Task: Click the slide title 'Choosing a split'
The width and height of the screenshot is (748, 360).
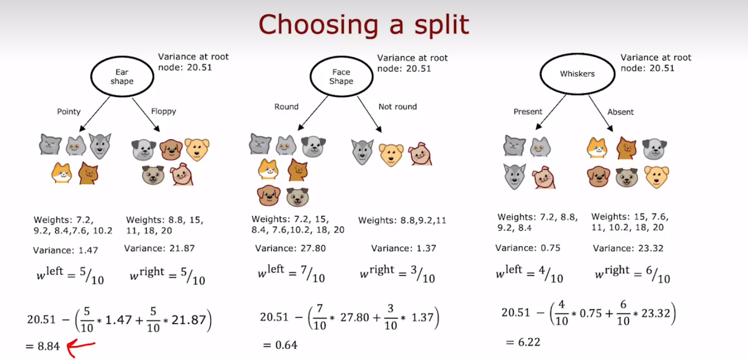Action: coord(364,25)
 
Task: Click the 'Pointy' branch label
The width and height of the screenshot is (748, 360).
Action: coord(69,112)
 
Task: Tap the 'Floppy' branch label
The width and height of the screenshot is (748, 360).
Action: coord(164,111)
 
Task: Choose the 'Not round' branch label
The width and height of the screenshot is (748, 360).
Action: coord(397,107)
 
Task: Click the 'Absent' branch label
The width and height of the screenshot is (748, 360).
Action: coord(621,112)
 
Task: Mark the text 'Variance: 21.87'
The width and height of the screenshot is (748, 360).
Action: coord(159,248)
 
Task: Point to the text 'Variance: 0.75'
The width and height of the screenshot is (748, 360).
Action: coord(527,248)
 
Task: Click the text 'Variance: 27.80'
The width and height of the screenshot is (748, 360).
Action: coord(290,248)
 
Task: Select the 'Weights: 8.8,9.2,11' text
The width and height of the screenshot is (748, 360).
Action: coord(402,220)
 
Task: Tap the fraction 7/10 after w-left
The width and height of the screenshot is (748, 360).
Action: coord(313,274)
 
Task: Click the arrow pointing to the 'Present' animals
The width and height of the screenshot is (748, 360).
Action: coord(551,112)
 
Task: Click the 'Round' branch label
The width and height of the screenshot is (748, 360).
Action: coord(287,107)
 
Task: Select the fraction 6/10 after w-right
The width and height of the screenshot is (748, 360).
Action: coord(658,275)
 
